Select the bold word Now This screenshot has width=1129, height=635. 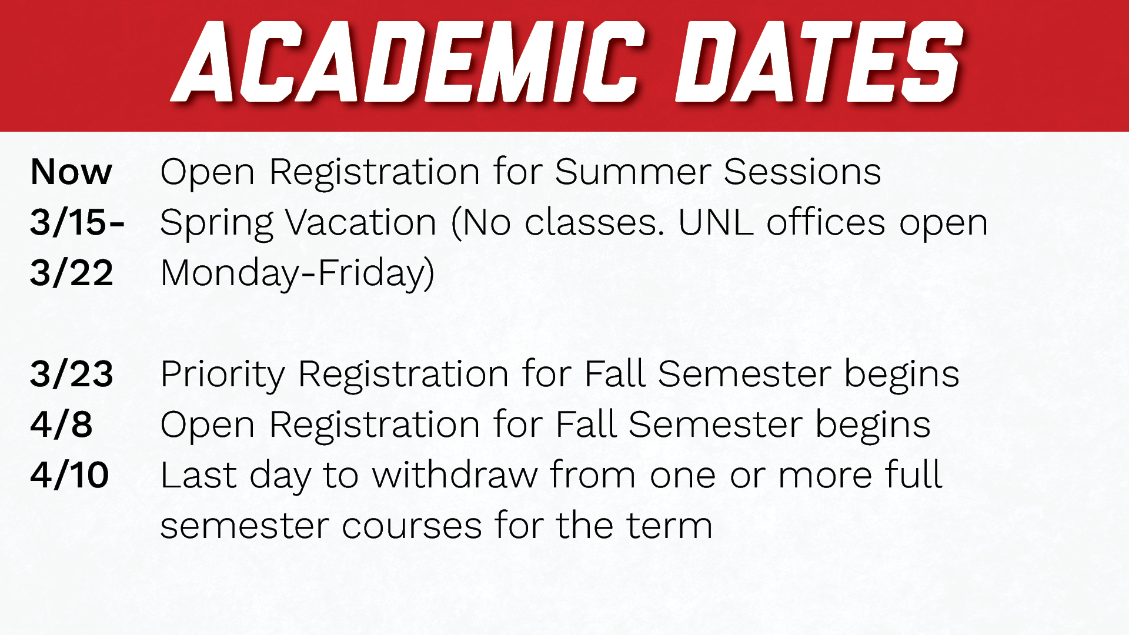[71, 172]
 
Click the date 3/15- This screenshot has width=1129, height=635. [77, 223]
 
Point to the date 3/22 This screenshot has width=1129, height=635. [71, 273]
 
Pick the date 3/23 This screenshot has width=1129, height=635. [71, 375]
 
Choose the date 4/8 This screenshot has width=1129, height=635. [61, 425]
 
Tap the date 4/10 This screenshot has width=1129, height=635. [69, 476]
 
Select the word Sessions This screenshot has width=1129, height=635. [802, 172]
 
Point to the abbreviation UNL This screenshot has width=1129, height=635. [715, 223]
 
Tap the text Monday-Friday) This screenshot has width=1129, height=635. [297, 275]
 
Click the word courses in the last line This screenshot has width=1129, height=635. [412, 526]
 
